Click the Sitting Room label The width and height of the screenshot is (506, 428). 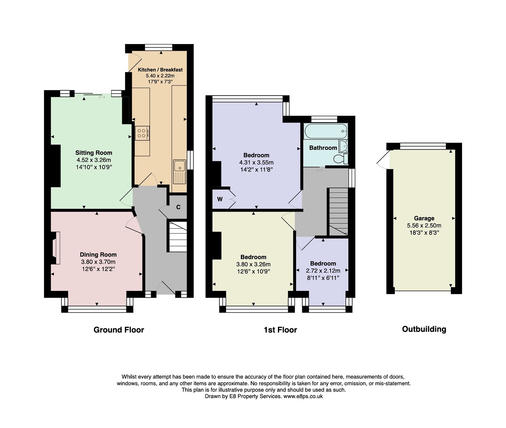(x=93, y=153)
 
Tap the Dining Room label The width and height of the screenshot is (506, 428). (x=98, y=255)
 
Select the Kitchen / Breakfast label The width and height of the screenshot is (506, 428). (x=160, y=70)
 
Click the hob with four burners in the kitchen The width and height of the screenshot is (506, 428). (x=142, y=133)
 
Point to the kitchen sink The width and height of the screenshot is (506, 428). (x=180, y=172)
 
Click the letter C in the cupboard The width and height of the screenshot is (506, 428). (x=178, y=207)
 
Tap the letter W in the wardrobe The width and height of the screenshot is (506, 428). (x=220, y=199)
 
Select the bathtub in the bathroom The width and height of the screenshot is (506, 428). (x=326, y=131)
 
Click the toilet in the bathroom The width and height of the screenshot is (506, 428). (x=341, y=159)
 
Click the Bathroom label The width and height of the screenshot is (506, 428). (x=323, y=148)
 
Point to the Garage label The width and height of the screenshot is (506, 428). (x=424, y=218)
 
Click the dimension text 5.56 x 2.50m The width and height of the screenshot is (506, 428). (x=424, y=225)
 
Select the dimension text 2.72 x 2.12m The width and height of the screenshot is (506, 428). (x=323, y=271)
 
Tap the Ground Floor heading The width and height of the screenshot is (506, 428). (x=119, y=330)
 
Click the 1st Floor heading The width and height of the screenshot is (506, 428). (x=280, y=330)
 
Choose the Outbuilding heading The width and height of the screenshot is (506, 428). (x=424, y=329)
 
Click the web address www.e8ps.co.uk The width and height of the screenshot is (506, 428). (x=303, y=396)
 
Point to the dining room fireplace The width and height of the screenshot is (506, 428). (x=55, y=248)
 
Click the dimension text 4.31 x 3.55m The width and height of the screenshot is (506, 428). (x=256, y=162)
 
